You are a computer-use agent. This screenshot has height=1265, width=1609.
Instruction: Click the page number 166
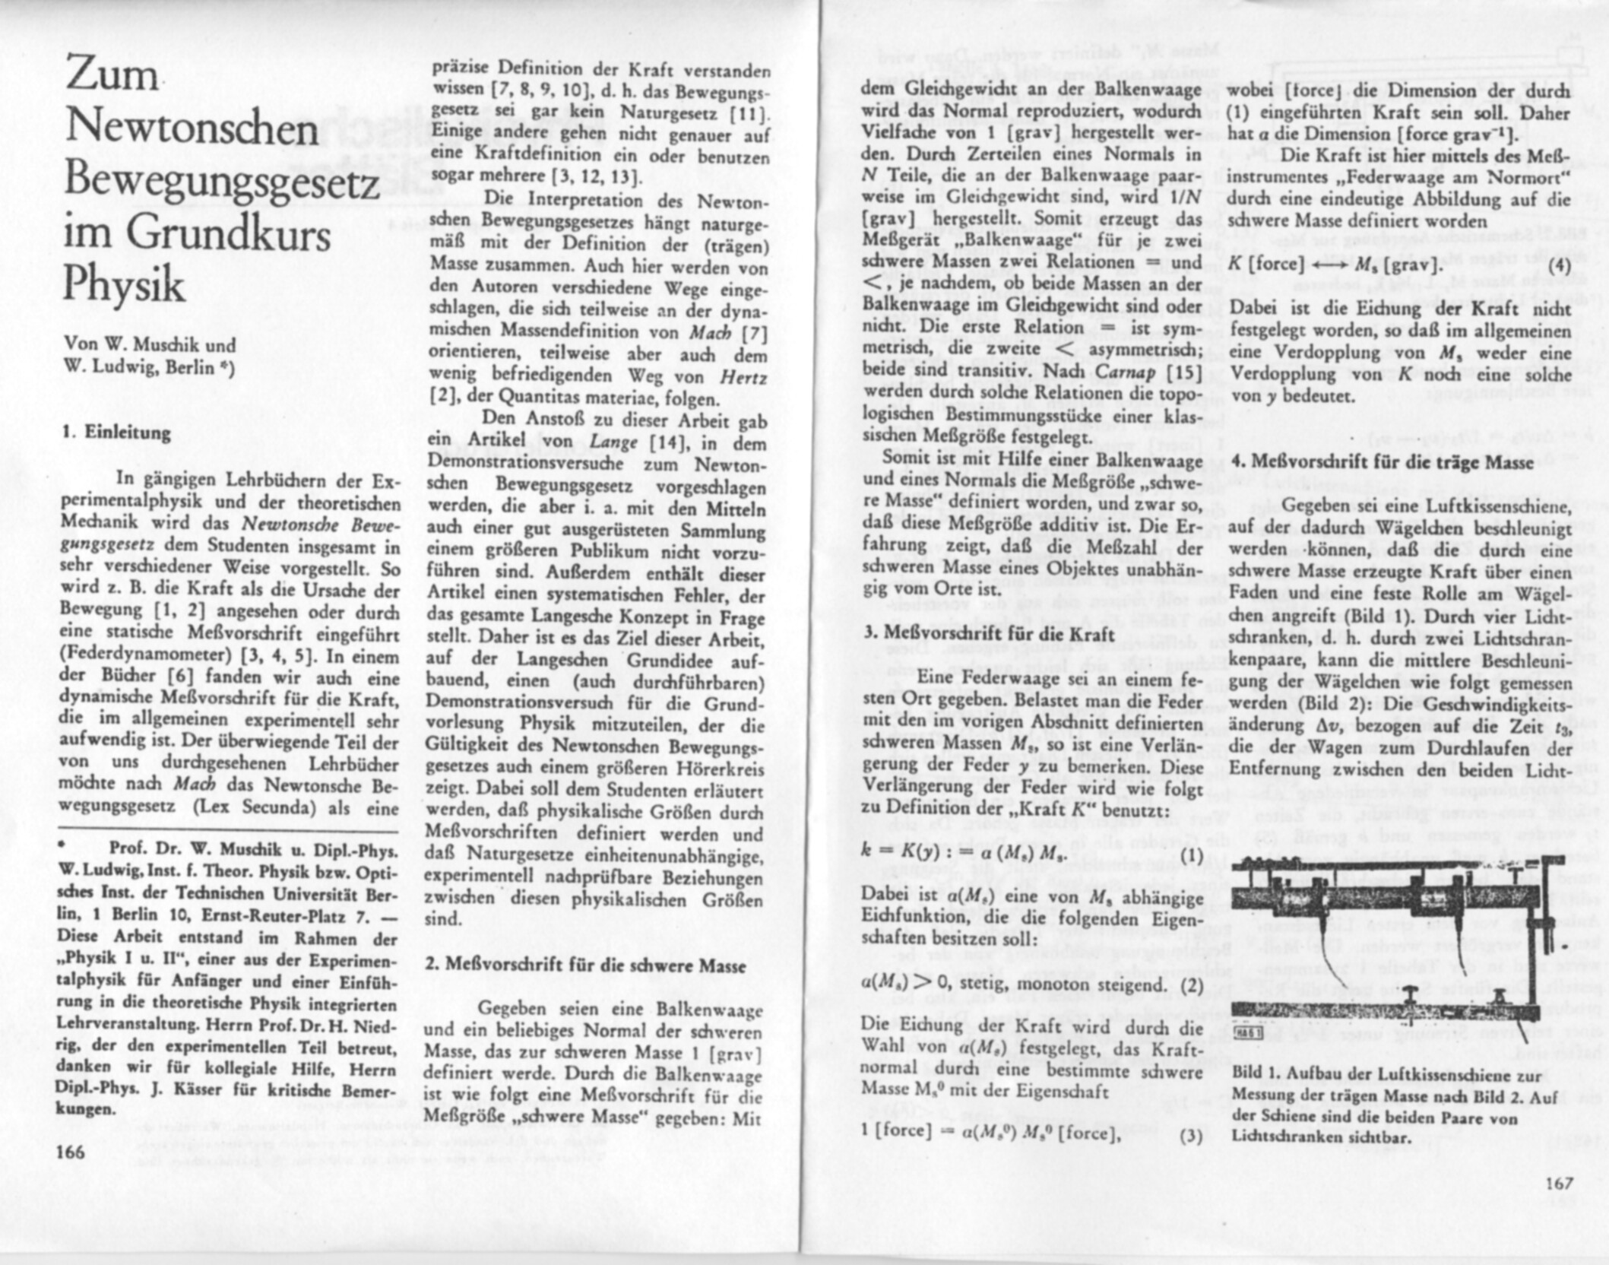click(71, 1151)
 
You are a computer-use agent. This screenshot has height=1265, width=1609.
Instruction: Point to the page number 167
click(1560, 1183)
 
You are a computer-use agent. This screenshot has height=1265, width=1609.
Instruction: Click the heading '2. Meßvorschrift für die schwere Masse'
click(585, 965)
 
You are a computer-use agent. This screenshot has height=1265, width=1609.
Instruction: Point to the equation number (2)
click(1191, 985)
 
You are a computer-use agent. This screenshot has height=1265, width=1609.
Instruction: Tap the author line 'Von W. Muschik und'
click(150, 345)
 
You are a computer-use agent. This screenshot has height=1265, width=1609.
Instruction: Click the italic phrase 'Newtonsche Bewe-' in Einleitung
click(320, 524)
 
